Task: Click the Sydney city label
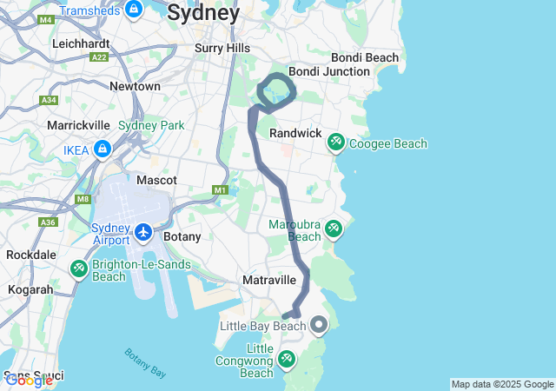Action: [x=203, y=13]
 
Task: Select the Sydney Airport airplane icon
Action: [x=144, y=233]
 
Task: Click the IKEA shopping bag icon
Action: [x=103, y=149]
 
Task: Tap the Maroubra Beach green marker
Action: [x=334, y=229]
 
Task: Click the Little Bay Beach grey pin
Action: [x=319, y=326]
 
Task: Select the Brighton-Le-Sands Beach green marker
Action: [x=79, y=268]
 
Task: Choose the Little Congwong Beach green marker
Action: [x=287, y=358]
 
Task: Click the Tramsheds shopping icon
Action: [x=133, y=10]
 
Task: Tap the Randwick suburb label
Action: [x=295, y=133]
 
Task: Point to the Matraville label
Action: [x=268, y=280]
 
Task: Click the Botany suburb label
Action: [x=182, y=236]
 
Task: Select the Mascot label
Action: [x=156, y=180]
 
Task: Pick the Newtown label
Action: [x=135, y=86]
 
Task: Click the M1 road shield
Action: [x=220, y=189]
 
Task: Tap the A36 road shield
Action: [x=48, y=222]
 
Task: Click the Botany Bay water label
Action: [x=145, y=362]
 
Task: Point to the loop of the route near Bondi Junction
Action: [x=277, y=93]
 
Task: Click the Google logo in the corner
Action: [x=29, y=380]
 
